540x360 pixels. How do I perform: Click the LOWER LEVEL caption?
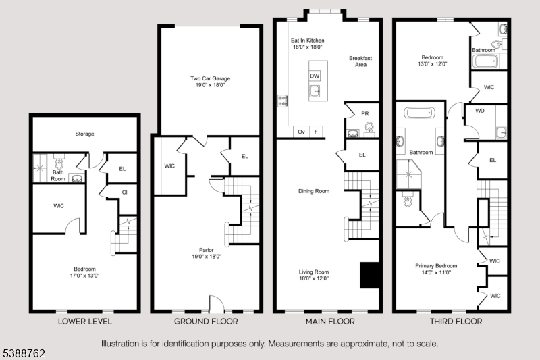pos(85,322)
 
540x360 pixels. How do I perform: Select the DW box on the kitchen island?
pos(315,76)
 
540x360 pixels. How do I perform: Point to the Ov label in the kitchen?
pos(302,132)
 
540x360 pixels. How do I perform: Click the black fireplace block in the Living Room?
pos(369,274)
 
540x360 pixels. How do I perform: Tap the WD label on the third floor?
pos(480,110)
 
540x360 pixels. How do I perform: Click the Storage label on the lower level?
pos(84,134)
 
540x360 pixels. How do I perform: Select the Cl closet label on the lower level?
pos(125,192)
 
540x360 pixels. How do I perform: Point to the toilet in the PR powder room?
pos(369,127)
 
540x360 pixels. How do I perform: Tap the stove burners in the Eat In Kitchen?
pos(282,101)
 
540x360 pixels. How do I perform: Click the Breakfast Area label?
pos(360,61)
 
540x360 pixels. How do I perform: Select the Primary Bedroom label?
pos(436,265)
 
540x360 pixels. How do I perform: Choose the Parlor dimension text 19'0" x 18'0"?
pos(205,257)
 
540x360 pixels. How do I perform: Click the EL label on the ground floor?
pos(244,156)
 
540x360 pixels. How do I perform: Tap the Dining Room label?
pos(314,191)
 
